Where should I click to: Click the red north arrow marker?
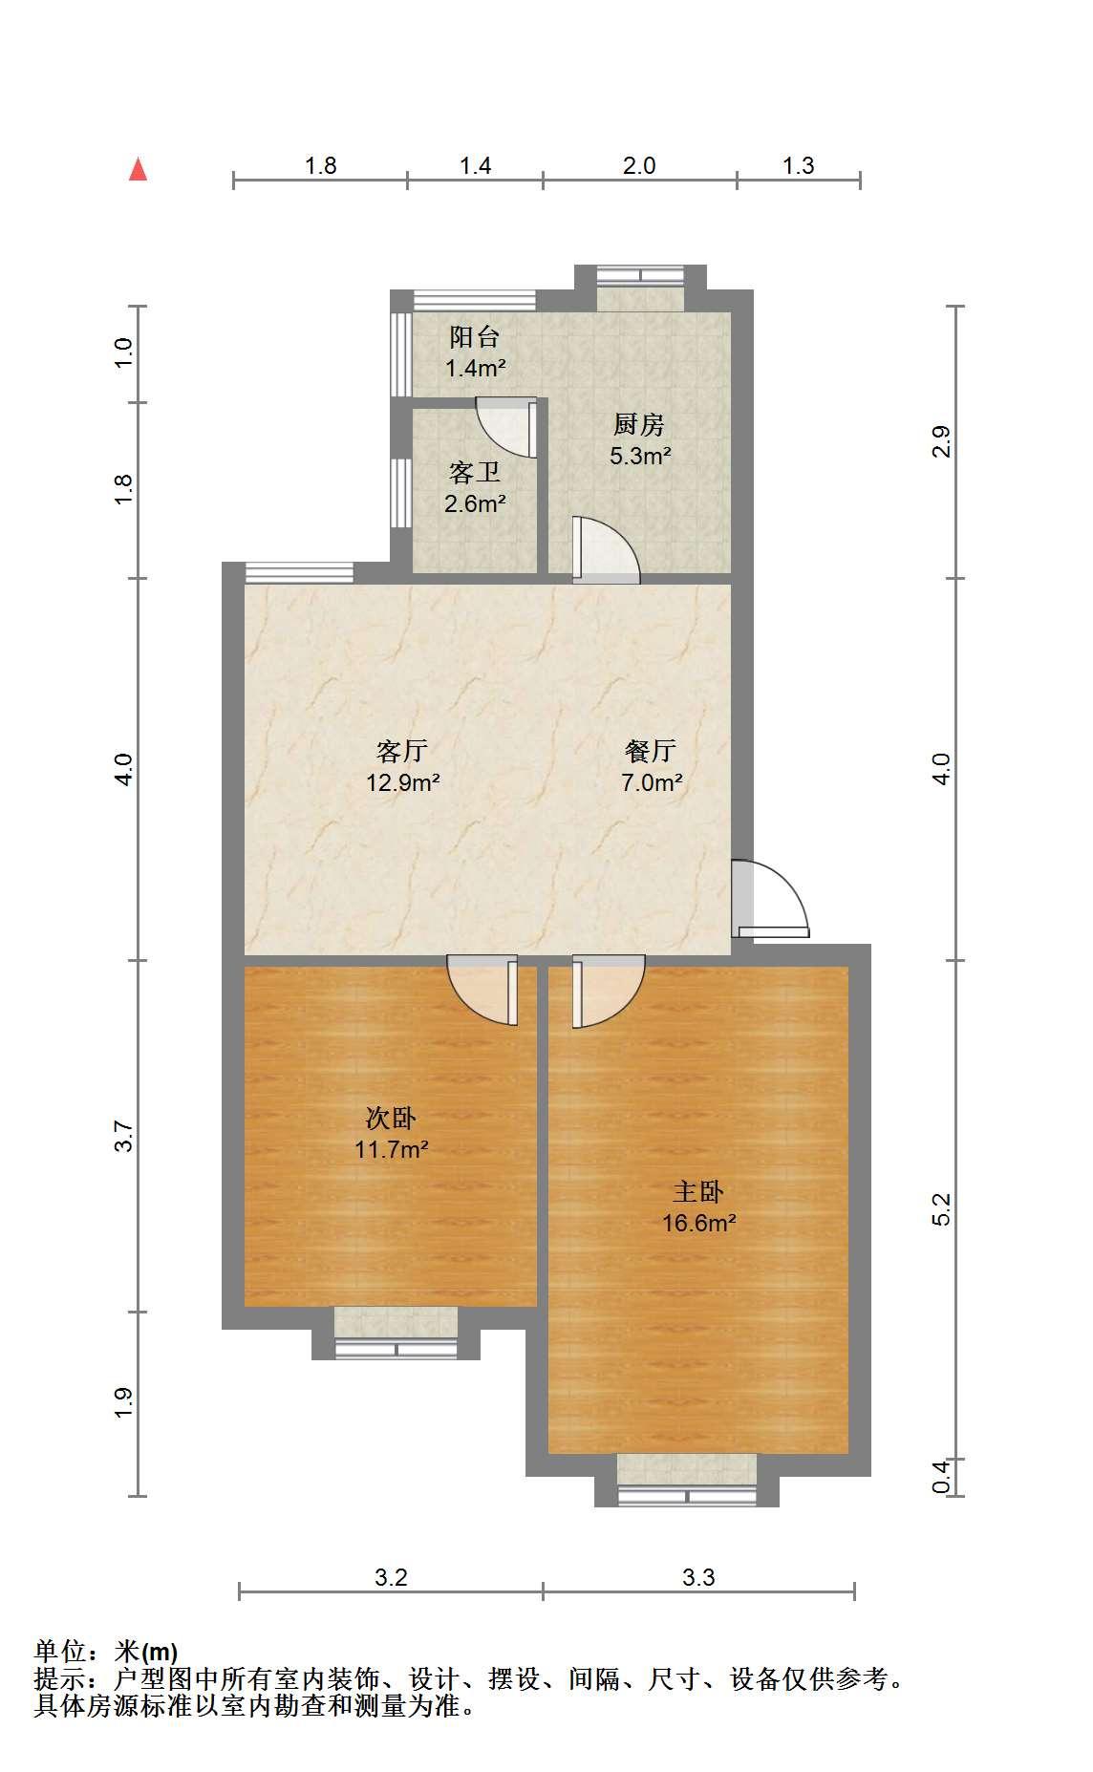pos(139,169)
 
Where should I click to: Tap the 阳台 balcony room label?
pos(475,336)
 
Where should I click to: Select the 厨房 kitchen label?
pos(639,424)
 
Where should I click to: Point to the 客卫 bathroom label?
pos(475,472)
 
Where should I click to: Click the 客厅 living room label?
pos(402,750)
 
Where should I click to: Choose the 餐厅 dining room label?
pos(652,750)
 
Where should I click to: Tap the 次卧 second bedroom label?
pos(392,1117)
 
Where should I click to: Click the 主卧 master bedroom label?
pos(698,1191)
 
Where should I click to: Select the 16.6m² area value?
pos(698,1222)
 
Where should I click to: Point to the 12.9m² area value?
pos(402,782)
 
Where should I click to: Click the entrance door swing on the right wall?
pos(770,898)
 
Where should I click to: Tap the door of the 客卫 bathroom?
pos(506,428)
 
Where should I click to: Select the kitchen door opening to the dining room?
pos(606,550)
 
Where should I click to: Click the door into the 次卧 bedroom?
pos(483,991)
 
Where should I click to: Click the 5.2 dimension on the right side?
pos(942,1209)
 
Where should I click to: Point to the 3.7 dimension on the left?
pos(123,1136)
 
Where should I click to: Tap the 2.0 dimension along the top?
pos(639,165)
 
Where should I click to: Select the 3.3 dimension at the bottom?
pos(698,1577)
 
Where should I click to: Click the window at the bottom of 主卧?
pos(687,1496)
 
